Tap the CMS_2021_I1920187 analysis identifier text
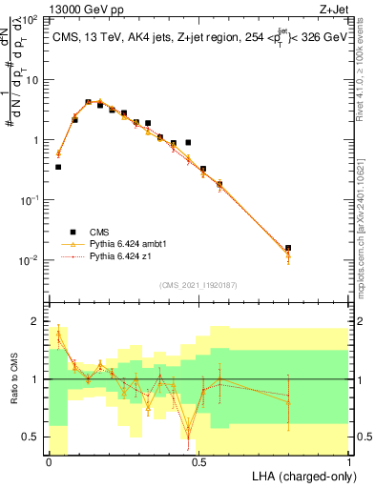pyautogui.click(x=198, y=284)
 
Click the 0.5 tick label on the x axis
pyautogui.click(x=198, y=460)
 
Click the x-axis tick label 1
pyautogui.click(x=349, y=460)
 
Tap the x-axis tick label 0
pyautogui.click(x=49, y=460)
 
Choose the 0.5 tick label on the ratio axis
pyautogui.click(x=34, y=437)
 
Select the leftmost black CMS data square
pyautogui.click(x=58, y=167)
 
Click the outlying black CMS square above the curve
pyautogui.click(x=188, y=142)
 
